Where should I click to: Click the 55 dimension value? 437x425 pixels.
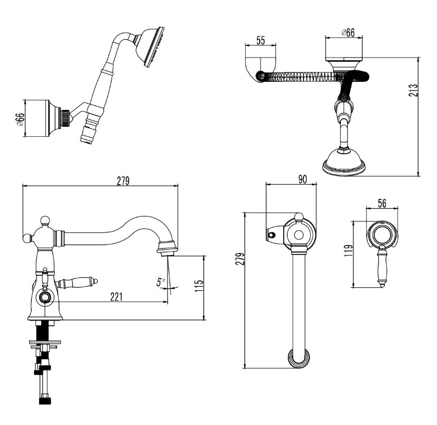coord(260,40)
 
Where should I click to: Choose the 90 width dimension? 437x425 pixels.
coord(302,179)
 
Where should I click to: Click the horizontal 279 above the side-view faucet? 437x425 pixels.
coord(123,181)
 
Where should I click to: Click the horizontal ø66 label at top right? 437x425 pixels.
coord(347,32)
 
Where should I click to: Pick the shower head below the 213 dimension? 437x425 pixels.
coord(343,160)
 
